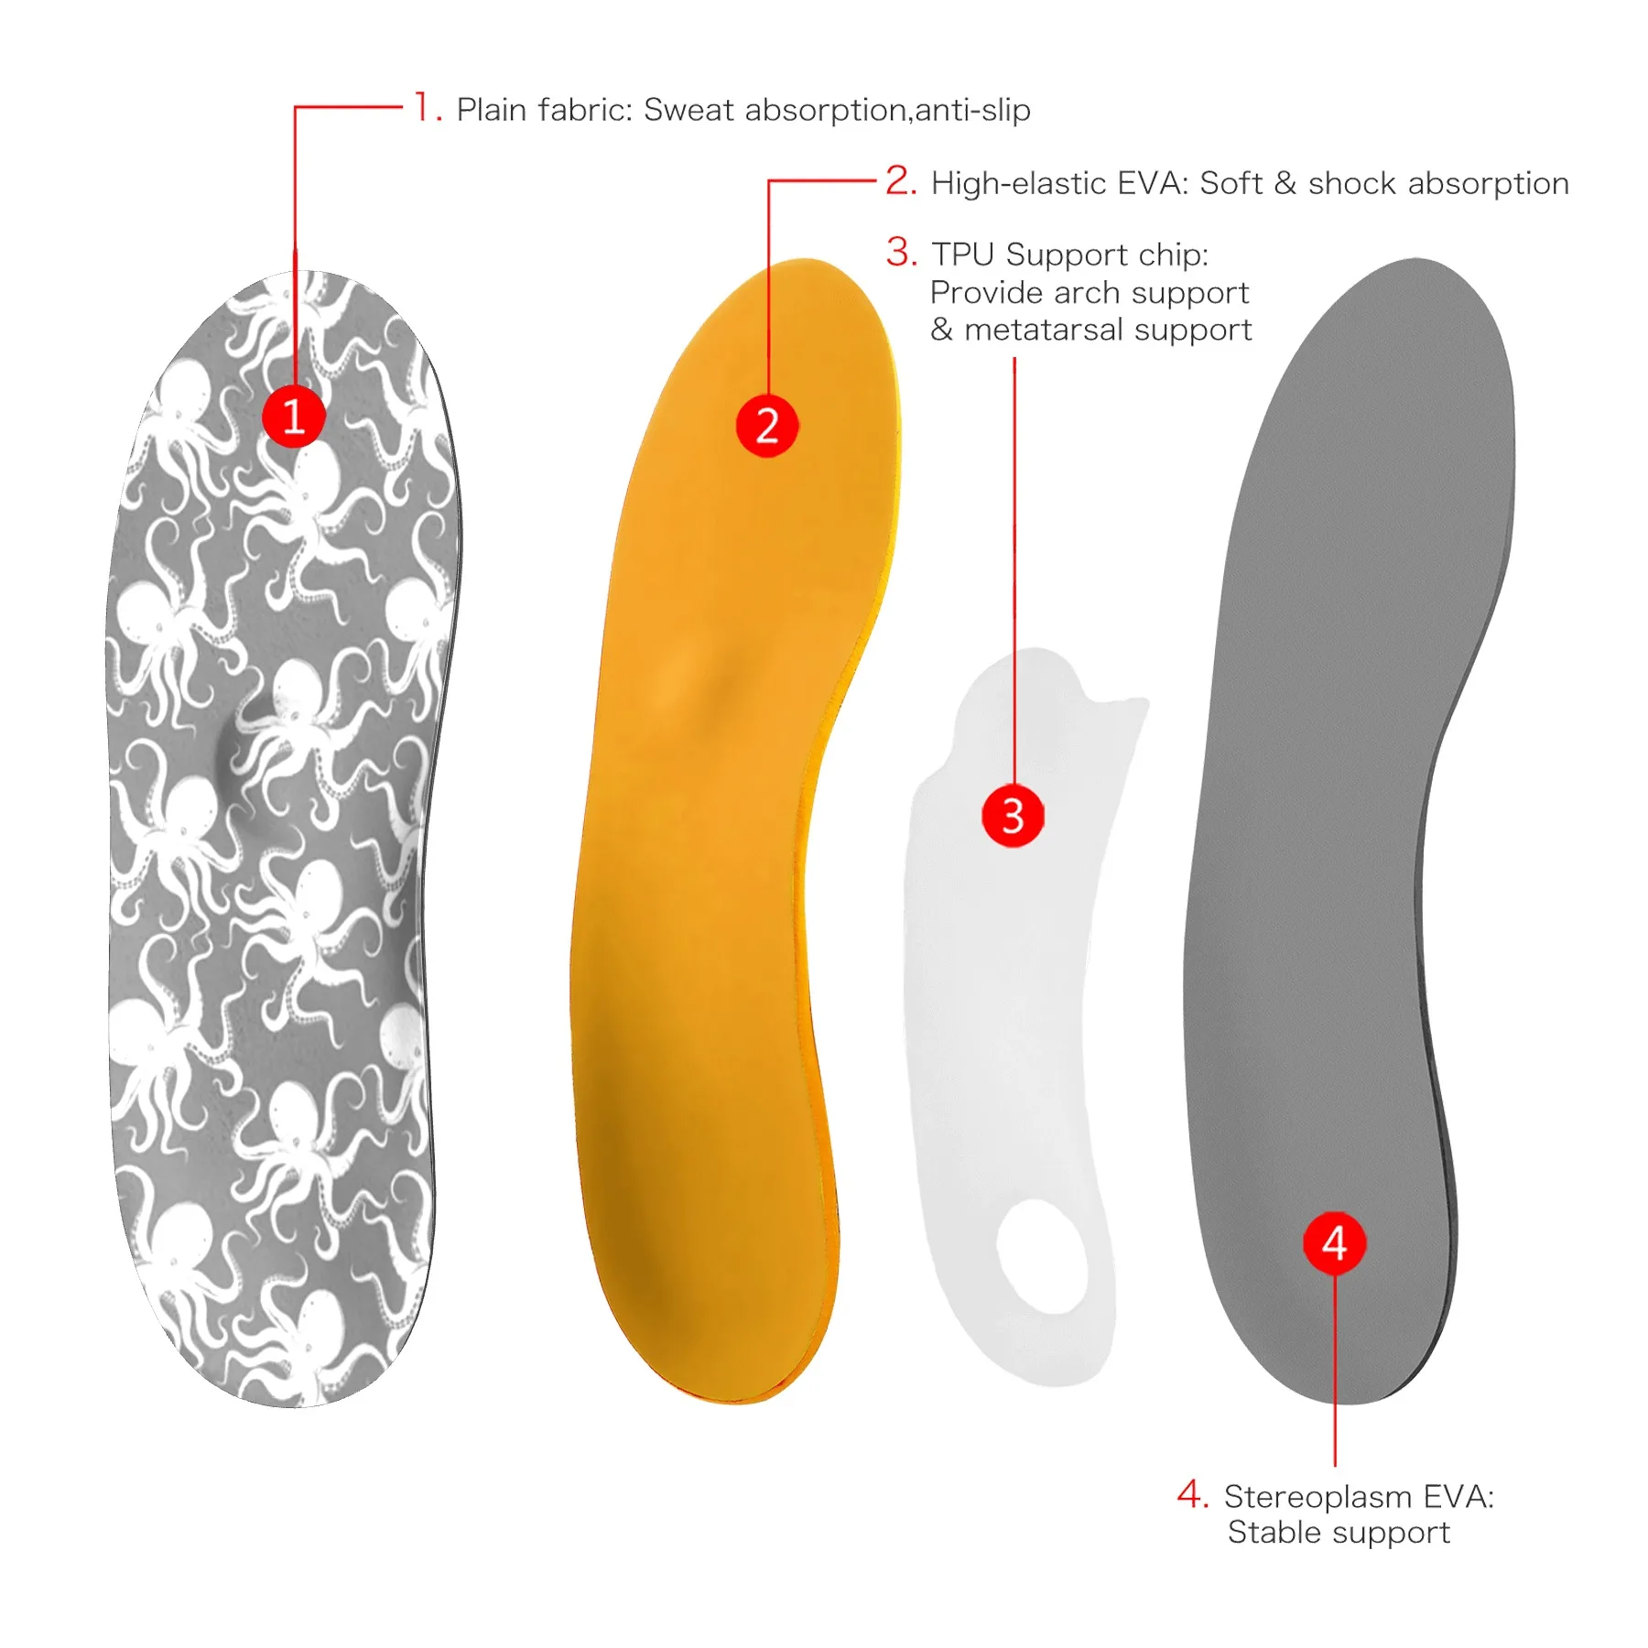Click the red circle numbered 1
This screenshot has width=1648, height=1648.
click(x=294, y=417)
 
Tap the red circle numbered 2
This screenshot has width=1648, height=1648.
click(x=767, y=426)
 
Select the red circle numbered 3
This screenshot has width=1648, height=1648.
click(x=1013, y=815)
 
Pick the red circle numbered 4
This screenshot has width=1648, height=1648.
click(x=1335, y=1242)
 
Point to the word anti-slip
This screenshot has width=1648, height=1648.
click(x=972, y=110)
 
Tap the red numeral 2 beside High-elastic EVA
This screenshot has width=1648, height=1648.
click(x=901, y=180)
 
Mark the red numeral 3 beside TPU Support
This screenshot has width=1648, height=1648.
click(x=901, y=252)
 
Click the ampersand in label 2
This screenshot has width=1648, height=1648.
click(x=1285, y=183)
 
